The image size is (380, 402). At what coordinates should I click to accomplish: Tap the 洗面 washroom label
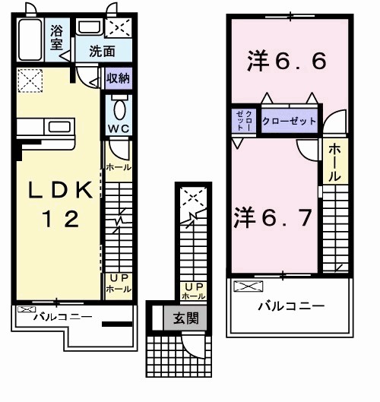(101, 52)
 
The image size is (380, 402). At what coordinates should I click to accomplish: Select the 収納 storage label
(118, 78)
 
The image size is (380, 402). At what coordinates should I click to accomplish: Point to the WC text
(118, 128)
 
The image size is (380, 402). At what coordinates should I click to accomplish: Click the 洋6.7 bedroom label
(272, 217)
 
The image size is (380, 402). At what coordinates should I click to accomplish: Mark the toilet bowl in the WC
(119, 107)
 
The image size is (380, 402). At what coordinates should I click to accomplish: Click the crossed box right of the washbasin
(118, 29)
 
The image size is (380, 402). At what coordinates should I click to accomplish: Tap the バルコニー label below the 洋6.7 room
(290, 306)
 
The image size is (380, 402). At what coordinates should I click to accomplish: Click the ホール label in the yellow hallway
(334, 162)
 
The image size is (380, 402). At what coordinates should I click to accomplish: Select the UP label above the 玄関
(190, 286)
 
